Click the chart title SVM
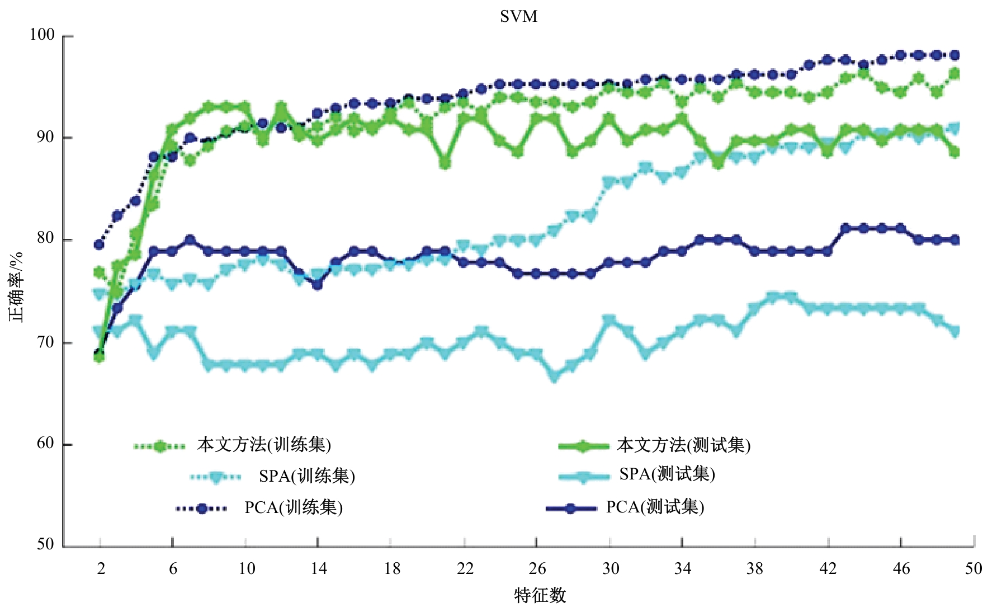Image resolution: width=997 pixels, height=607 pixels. click(518, 17)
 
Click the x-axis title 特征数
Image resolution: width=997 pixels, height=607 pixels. click(540, 595)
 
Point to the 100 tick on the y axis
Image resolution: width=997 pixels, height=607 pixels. click(42, 35)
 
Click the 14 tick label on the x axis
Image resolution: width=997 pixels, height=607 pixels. click(318, 569)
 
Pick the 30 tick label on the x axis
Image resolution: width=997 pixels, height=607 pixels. click(610, 569)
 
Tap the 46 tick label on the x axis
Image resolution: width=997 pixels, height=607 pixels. click(901, 569)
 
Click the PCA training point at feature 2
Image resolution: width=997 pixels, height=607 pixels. click(100, 244)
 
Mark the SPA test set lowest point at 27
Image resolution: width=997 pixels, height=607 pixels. click(555, 377)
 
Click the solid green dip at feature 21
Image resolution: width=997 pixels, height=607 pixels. click(446, 163)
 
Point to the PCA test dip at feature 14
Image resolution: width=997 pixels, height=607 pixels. click(318, 285)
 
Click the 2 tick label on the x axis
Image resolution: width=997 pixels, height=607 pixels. click(101, 569)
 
